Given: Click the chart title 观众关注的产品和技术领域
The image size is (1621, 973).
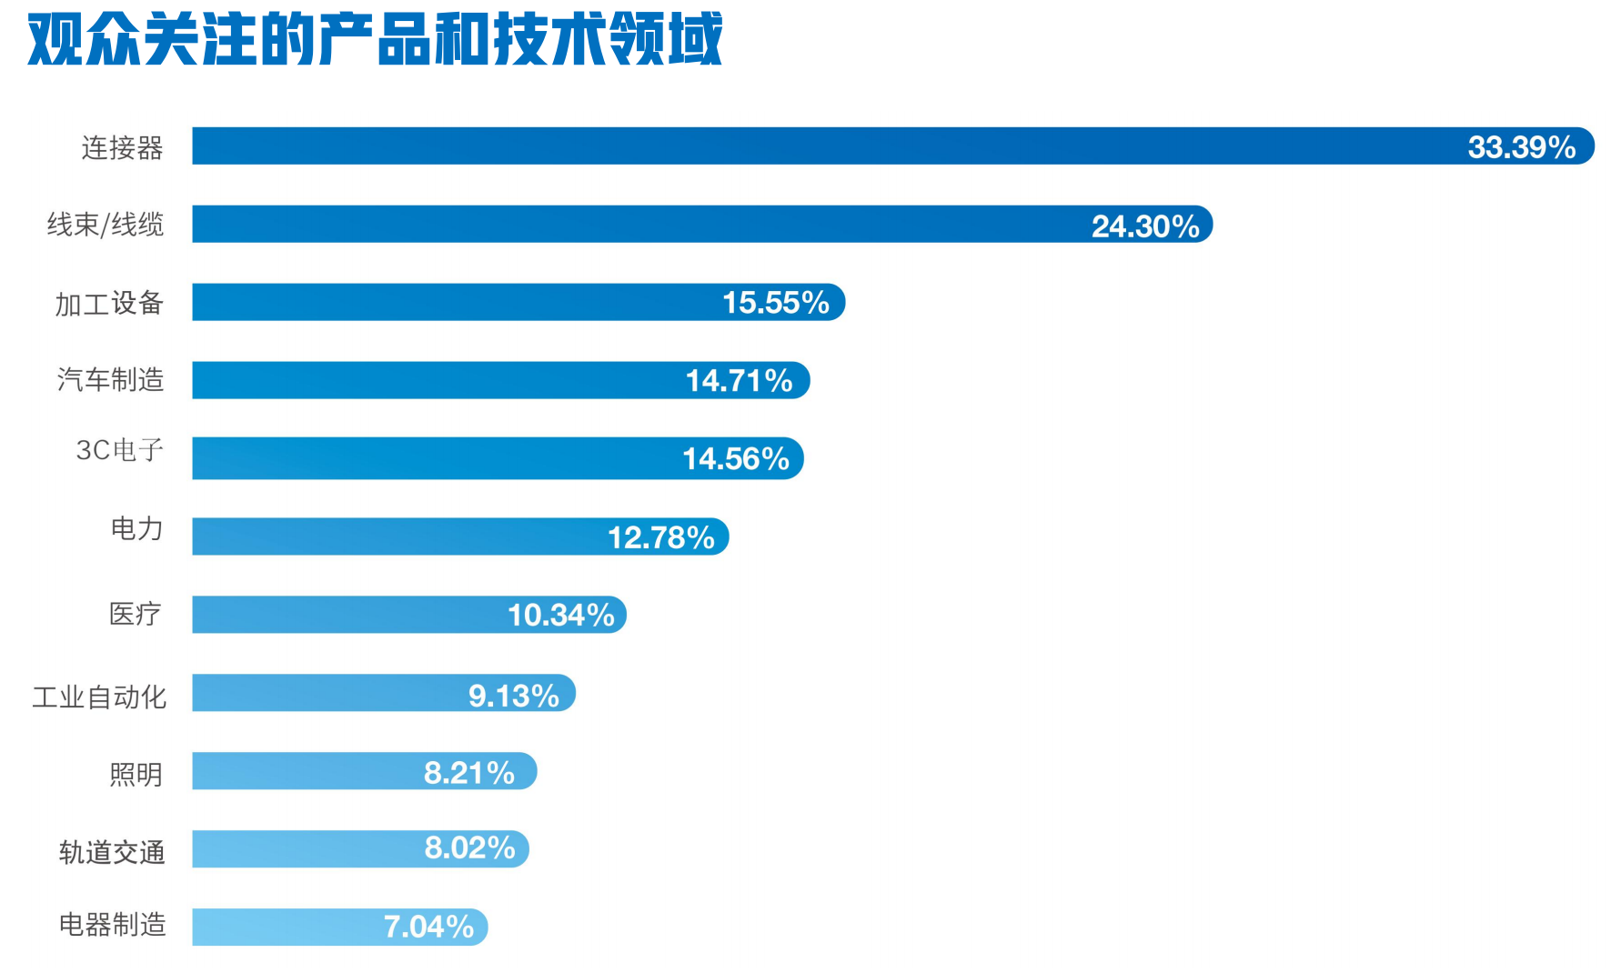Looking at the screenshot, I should point(375,40).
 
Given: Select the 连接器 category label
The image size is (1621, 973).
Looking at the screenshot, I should point(122,147).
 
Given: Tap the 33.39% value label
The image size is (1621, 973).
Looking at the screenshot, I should point(1521,147).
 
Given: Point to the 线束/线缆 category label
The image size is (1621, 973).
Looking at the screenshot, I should point(106,225).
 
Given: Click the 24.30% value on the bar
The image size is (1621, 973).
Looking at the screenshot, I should point(1144,226).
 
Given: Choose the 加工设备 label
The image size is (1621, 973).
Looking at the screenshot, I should point(109,304).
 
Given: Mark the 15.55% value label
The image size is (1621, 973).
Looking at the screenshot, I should point(775,303).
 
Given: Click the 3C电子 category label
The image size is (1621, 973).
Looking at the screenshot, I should point(119,450).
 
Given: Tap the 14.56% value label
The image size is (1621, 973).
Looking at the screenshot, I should point(735,459).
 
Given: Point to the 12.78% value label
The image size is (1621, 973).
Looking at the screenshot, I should point(660,538).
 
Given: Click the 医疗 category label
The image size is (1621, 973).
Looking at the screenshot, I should point(135,614).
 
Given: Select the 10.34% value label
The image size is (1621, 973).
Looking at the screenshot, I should point(560,616).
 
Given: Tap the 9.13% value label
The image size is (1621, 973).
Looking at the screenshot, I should point(513,697).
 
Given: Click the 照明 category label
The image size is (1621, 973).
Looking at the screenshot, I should point(136,775).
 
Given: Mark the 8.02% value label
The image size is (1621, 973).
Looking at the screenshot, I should point(469,848).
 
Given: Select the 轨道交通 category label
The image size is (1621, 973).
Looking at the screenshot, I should point(112,852).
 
